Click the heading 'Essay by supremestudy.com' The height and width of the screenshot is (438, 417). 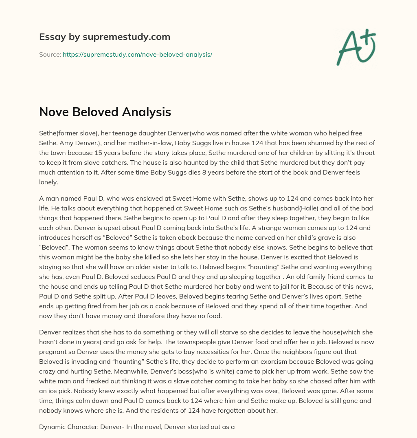tap(105, 37)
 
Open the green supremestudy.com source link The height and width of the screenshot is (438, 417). tap(137, 54)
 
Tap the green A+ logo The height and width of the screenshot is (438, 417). tap(356, 47)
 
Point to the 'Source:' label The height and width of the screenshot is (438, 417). tap(50, 54)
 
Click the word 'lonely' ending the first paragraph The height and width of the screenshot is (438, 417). tap(48, 182)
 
